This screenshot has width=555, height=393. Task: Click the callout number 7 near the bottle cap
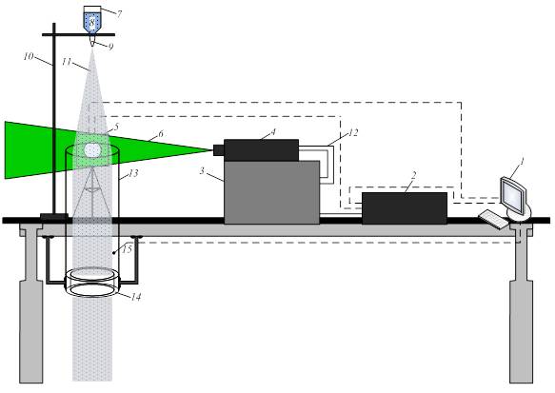[119, 14]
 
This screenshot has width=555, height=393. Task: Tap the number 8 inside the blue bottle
[92, 23]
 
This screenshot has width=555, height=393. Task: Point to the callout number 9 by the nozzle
[110, 47]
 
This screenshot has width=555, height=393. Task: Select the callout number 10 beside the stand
[29, 56]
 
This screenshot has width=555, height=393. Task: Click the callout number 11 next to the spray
[67, 62]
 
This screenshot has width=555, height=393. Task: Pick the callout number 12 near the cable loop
[353, 132]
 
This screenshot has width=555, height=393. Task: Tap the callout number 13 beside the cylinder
[133, 173]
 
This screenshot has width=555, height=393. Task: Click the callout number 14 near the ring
[136, 297]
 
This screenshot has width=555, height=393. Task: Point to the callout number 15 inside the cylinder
[127, 249]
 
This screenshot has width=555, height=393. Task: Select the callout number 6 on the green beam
[161, 134]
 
